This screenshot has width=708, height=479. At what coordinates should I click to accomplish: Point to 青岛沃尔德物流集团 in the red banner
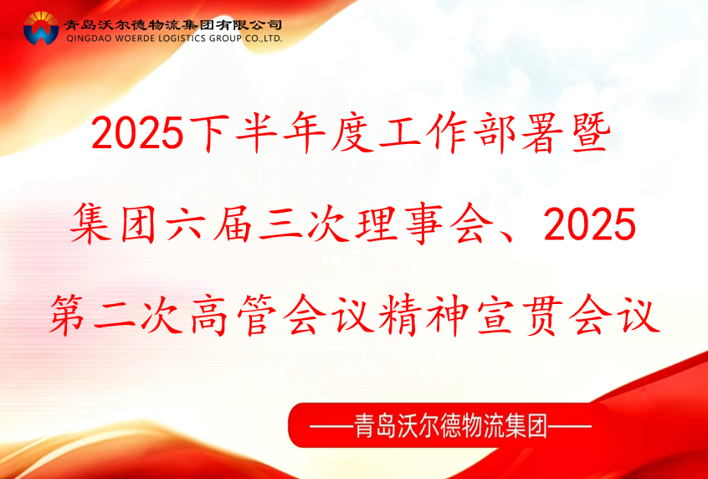450,426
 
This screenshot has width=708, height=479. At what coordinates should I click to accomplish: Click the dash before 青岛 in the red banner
331,426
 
